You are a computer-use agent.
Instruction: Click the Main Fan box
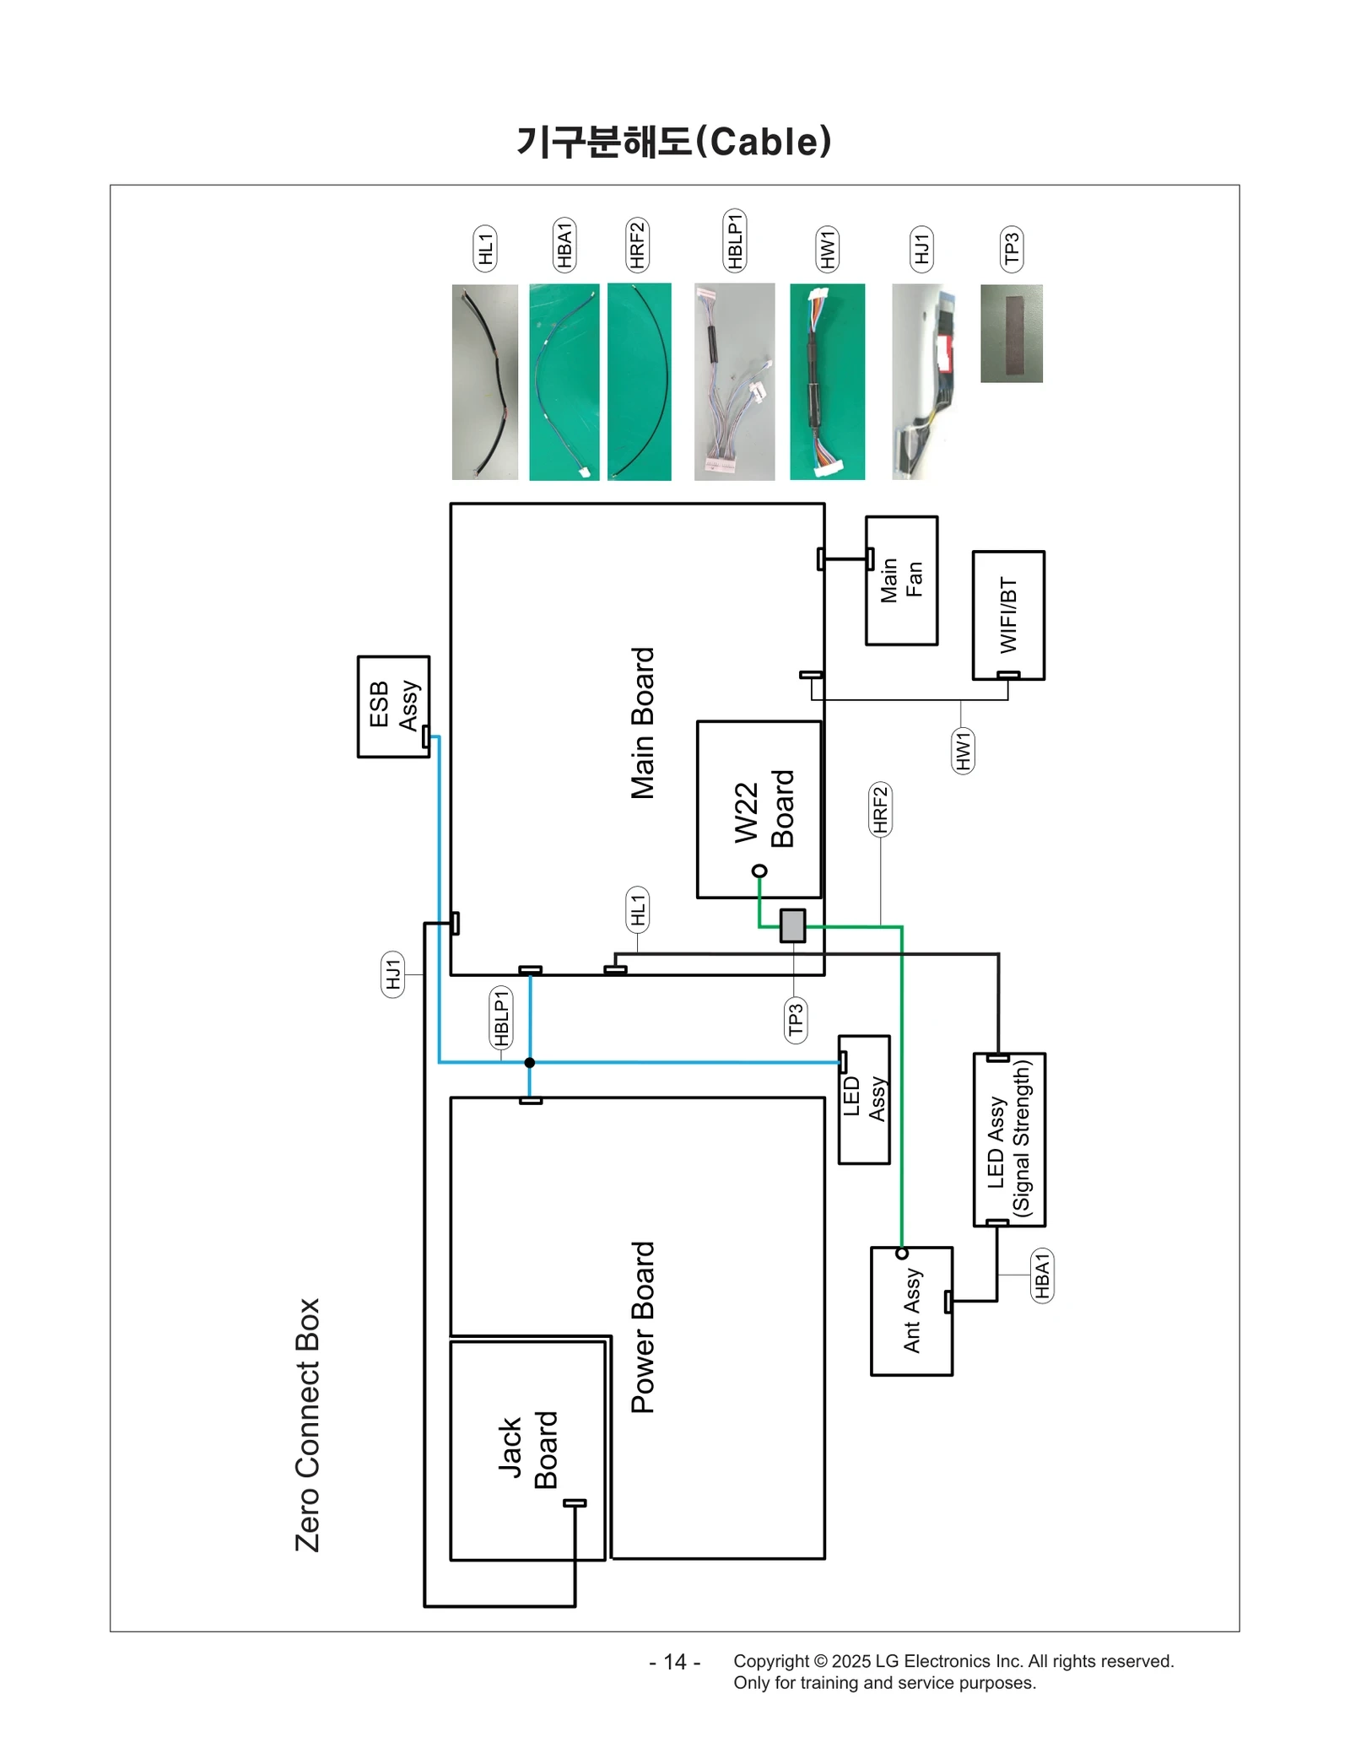900,580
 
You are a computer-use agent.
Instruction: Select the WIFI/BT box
1007,615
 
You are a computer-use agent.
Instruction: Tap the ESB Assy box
393,705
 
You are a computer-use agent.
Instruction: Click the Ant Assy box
911,1311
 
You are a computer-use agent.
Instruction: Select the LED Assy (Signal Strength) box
1009,1138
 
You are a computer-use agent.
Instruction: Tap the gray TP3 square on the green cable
792,925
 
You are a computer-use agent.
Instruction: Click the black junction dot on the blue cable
529,1061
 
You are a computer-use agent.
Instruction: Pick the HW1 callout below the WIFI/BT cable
962,750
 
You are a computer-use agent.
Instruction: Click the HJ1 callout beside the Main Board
392,973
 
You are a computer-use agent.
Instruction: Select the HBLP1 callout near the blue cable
501,1017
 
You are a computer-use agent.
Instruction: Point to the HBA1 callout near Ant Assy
1042,1275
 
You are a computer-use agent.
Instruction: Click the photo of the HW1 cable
827,381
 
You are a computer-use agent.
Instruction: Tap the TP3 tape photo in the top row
1011,333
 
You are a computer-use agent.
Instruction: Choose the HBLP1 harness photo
734,381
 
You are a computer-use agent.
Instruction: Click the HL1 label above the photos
484,248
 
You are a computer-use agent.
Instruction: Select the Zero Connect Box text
308,1424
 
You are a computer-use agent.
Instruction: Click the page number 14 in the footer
674,1661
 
